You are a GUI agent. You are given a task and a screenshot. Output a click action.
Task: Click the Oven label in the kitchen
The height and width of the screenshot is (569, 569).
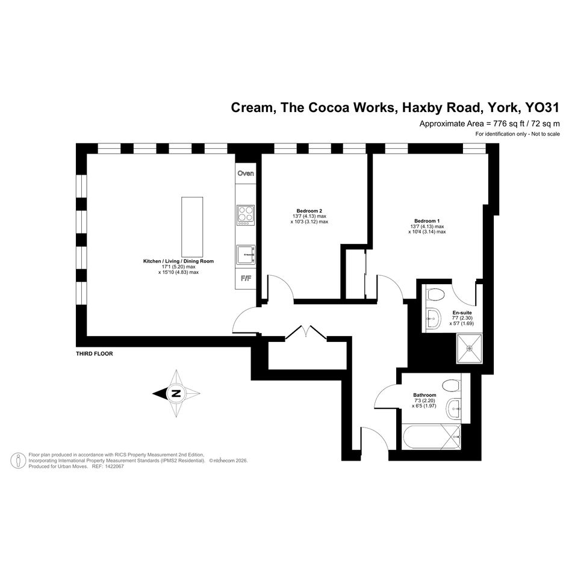click(x=246, y=173)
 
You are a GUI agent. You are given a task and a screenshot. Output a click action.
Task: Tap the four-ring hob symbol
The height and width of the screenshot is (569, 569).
click(x=246, y=215)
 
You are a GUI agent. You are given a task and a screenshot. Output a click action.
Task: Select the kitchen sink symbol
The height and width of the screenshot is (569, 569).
click(x=246, y=254)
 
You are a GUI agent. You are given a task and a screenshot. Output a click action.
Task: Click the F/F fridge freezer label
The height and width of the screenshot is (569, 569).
click(x=246, y=279)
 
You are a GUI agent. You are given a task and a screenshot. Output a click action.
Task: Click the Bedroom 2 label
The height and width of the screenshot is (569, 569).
click(x=309, y=211)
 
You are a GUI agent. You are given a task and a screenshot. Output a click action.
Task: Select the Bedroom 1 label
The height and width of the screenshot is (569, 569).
click(x=427, y=221)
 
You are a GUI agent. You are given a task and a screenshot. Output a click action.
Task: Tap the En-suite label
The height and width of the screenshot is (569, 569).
click(x=462, y=313)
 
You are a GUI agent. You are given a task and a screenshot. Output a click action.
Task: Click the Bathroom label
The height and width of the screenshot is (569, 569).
click(x=424, y=395)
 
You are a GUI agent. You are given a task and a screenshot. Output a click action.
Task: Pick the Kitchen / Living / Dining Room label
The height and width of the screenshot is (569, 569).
click(x=179, y=261)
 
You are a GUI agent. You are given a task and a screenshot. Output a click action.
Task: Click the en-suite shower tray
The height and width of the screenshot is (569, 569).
click(x=470, y=349)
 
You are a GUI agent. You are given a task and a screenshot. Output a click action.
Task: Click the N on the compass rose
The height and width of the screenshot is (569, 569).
click(x=176, y=393)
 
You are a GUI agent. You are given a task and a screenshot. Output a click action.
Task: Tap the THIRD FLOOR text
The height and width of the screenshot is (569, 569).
click(x=95, y=354)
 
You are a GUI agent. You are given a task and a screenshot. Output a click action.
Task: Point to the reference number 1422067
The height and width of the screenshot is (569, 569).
click(x=113, y=466)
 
